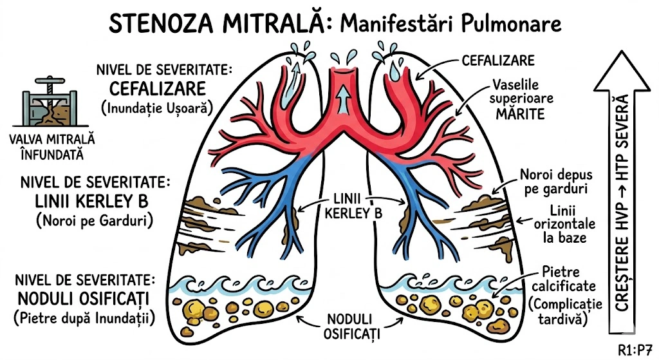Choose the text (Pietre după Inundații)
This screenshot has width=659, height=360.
click(x=84, y=317)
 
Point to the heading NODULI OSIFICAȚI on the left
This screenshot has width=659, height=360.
click(x=84, y=299)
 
